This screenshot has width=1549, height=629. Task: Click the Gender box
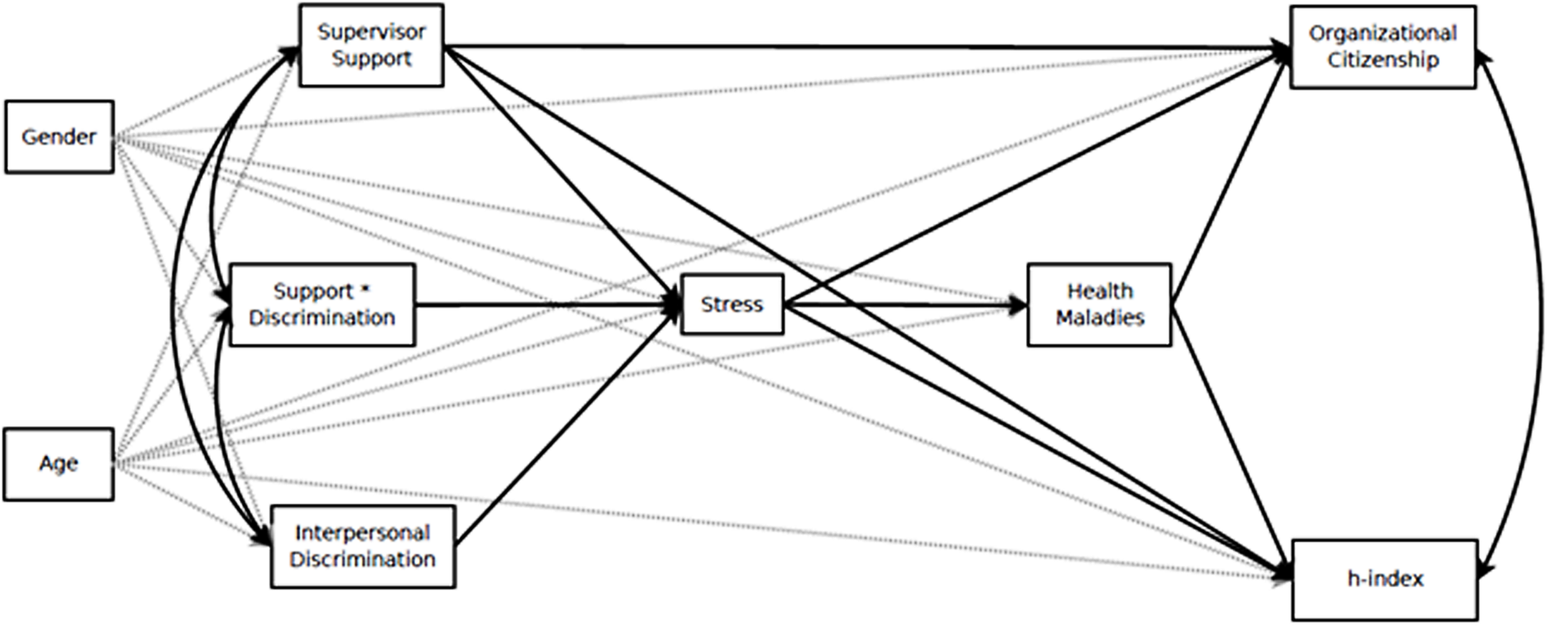click(59, 137)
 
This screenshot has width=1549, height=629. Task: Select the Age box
click(59, 464)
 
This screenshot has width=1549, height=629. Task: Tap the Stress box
click(732, 305)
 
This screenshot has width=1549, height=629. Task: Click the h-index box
click(1385, 579)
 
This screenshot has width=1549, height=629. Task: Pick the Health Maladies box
click(1099, 305)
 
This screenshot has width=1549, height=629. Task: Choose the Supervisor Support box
click(371, 45)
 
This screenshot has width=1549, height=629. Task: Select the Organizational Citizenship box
click(1383, 47)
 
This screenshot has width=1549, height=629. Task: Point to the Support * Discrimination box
click(322, 305)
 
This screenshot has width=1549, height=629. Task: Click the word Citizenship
click(1383, 61)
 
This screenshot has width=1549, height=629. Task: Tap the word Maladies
click(1100, 318)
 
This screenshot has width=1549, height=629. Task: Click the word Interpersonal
click(362, 533)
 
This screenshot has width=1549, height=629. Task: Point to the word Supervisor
click(371, 32)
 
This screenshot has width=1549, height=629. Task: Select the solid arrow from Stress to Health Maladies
click(898, 305)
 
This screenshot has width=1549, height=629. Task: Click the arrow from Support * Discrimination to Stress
click(545, 305)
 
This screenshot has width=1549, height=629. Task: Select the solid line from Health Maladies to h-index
click(1230, 440)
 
